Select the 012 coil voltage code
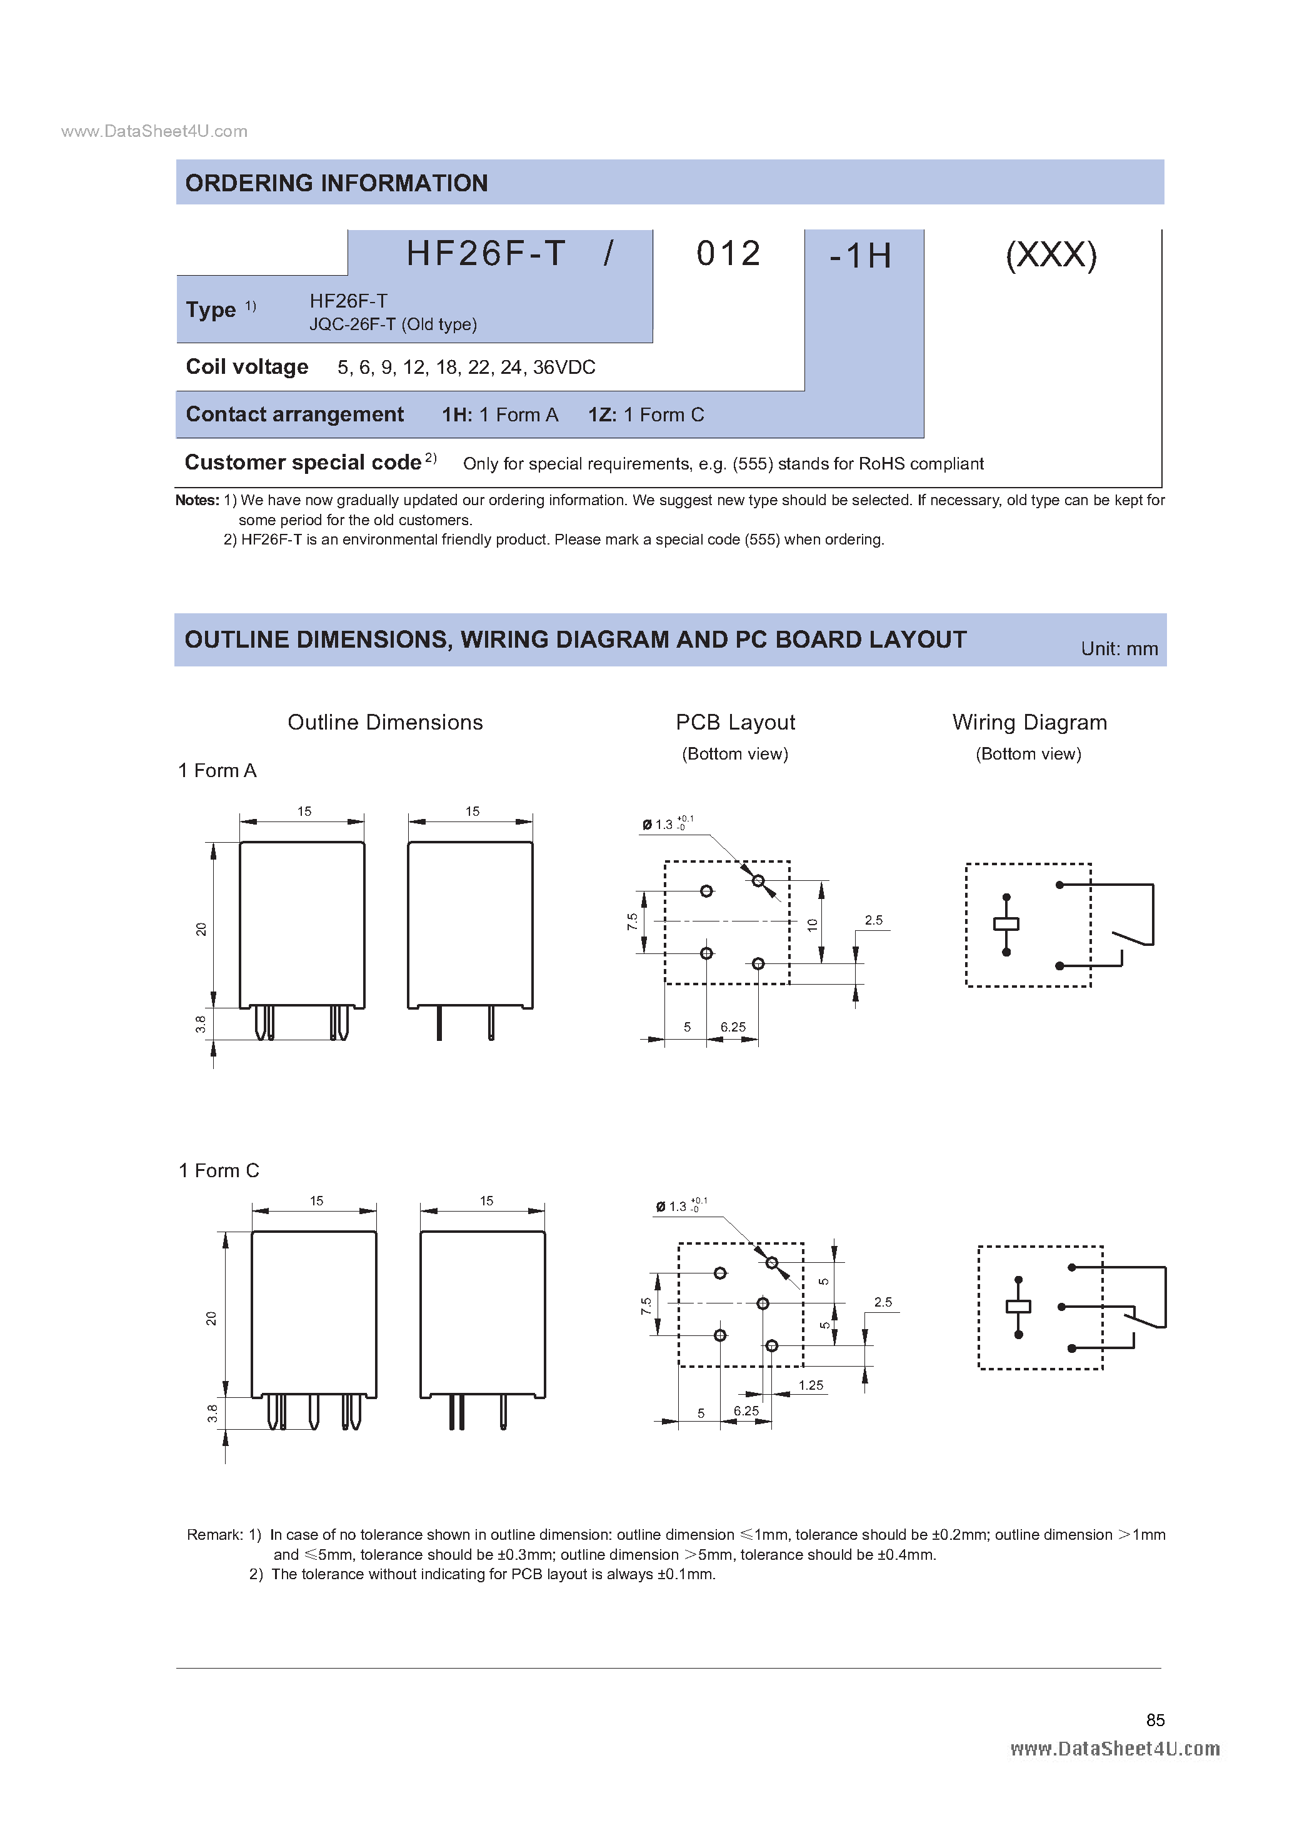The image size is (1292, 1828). coord(728,254)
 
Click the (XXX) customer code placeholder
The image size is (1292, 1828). coord(1051,256)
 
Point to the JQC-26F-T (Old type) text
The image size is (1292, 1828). coord(393,324)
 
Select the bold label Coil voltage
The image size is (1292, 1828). coord(247,367)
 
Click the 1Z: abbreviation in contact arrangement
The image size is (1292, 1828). coord(602,415)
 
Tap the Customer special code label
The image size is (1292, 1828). coord(303,463)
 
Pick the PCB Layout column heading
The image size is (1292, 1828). coord(735,722)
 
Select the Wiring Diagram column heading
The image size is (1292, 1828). coord(1029,722)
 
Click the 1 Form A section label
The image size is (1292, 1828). coord(218,771)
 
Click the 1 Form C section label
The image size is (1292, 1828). coord(219,1170)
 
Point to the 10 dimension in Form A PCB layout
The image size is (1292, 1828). coord(812,925)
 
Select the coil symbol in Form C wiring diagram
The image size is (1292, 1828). coord(1018,1307)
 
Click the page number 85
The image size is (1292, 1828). coord(1155,1720)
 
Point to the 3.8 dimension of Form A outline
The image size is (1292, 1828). coord(201,1024)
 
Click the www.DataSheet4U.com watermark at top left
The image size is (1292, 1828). coord(154,131)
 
